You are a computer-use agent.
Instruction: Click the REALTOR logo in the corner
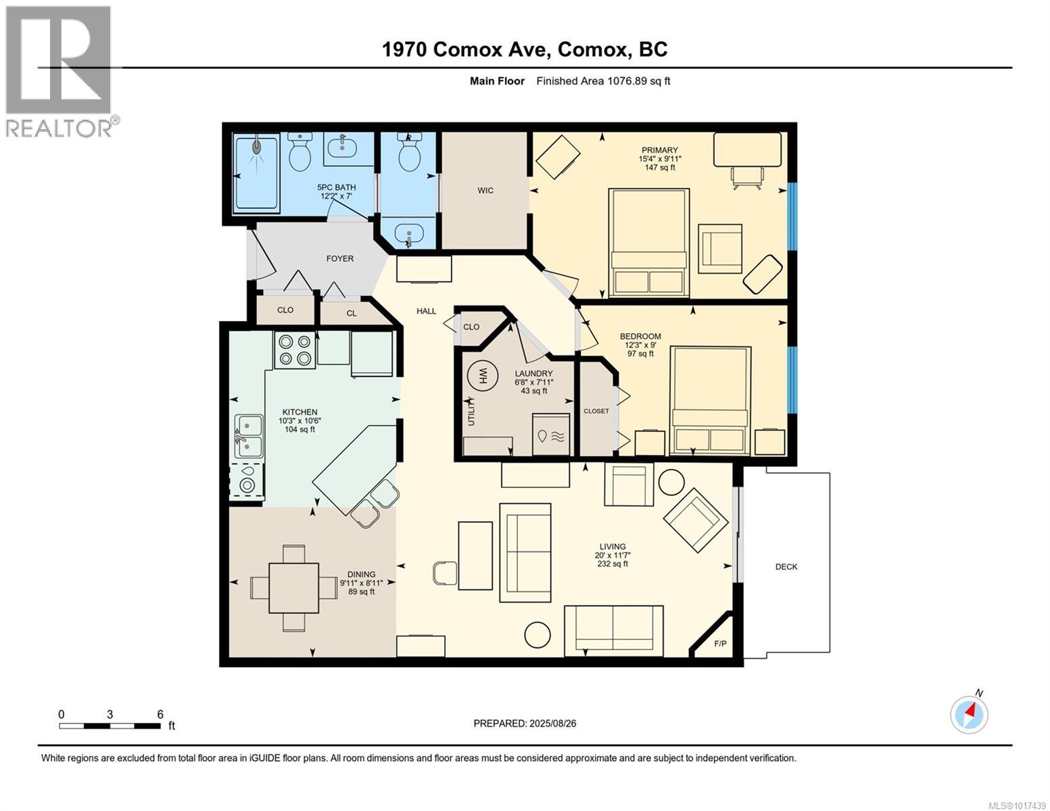pos(59,71)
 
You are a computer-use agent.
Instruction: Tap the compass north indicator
pos(969,714)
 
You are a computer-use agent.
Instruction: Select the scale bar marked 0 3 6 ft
pos(110,726)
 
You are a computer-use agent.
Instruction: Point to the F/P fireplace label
pos(720,643)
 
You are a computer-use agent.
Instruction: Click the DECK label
pos(786,567)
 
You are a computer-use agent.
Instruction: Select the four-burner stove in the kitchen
pos(294,350)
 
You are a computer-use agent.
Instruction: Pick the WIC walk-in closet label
pos(485,191)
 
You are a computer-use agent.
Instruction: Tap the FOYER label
pos(339,258)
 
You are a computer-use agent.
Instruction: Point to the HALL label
pos(426,311)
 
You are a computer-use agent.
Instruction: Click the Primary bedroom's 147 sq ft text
pos(660,168)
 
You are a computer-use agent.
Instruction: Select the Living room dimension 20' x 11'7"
pos(613,555)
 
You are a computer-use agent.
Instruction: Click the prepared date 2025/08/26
pos(525,723)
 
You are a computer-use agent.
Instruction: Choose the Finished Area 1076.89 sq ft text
pos(602,81)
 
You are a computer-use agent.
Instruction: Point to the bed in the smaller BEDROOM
pos(710,400)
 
